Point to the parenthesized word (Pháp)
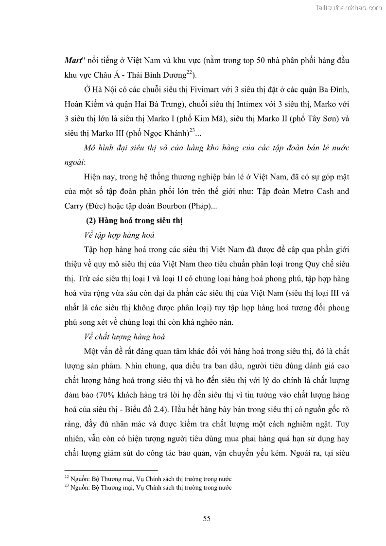(x=194, y=206)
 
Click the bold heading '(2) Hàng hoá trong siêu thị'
(x=134, y=221)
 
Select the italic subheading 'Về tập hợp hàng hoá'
(x=119, y=236)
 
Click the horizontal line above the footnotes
(x=111, y=471)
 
